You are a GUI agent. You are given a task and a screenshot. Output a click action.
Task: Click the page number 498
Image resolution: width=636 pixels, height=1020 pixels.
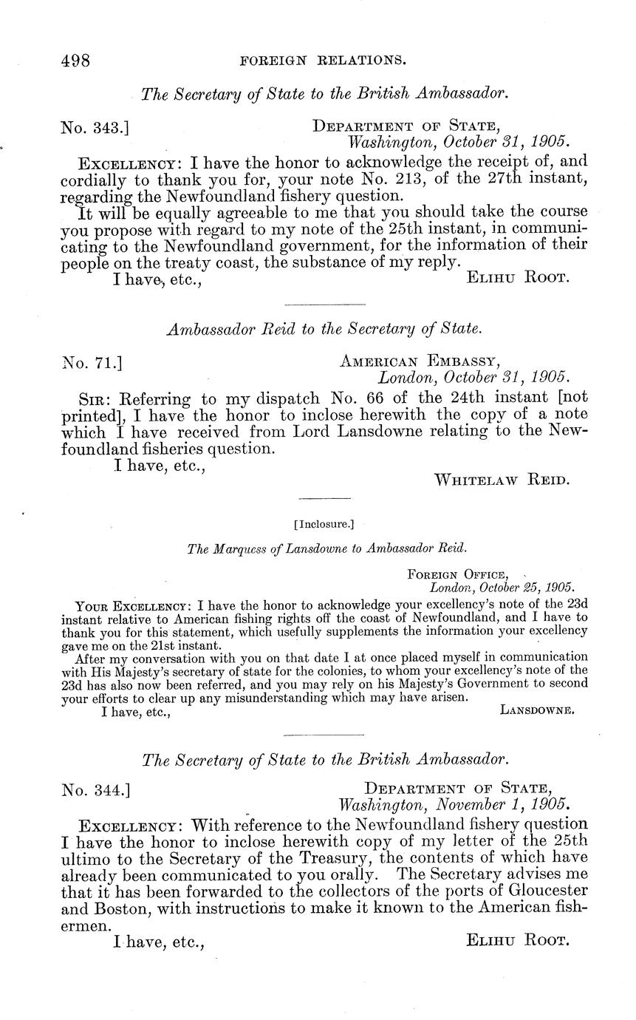point(75,61)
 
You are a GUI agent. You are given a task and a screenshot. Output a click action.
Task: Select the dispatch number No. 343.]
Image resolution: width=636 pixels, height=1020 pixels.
point(95,127)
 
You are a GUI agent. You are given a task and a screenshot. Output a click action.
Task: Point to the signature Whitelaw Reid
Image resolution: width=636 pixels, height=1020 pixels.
point(502,480)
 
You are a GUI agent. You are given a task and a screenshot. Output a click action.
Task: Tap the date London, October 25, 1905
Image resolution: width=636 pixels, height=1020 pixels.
point(502,588)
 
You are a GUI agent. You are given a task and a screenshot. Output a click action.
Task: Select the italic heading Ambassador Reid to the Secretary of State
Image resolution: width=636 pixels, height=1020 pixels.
point(324,329)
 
